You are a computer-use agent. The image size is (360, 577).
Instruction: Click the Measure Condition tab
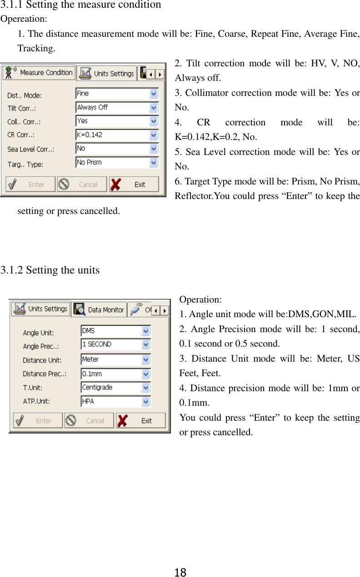click(38, 73)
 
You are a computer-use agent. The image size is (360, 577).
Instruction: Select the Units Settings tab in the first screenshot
click(106, 73)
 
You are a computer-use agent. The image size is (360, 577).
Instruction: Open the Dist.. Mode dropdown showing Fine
click(117, 94)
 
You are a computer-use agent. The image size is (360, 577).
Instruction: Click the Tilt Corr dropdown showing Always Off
click(117, 108)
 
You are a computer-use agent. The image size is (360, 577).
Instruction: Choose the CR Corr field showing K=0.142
click(117, 135)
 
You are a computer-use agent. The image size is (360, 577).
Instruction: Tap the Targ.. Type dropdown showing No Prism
click(117, 162)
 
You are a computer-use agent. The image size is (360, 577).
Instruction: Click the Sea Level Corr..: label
click(31, 149)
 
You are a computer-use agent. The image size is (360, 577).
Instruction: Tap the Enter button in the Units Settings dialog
click(38, 421)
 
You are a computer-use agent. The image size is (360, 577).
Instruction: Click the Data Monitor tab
click(99, 310)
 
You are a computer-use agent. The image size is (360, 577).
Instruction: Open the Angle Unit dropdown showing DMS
click(115, 331)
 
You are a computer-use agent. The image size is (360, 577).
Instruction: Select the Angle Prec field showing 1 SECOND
click(115, 345)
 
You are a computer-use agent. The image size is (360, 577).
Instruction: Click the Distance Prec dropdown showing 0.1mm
click(115, 373)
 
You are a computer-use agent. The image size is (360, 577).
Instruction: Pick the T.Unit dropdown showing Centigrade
click(115, 388)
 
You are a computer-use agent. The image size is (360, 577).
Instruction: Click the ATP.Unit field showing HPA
click(115, 402)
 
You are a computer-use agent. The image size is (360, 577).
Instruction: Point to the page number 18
click(180, 572)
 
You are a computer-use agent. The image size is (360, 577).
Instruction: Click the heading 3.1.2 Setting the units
click(50, 270)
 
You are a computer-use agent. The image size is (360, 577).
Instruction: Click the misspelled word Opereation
click(23, 19)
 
